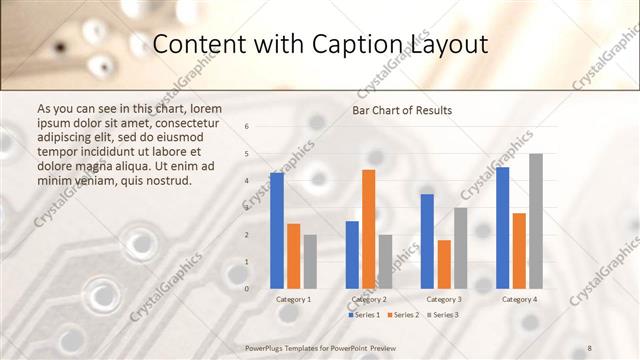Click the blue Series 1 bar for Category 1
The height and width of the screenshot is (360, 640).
coord(277,230)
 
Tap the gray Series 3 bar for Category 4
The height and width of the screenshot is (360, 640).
coord(536,221)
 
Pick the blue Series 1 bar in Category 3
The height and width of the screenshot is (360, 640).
coord(427,241)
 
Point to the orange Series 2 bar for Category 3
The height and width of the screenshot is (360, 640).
coord(444,264)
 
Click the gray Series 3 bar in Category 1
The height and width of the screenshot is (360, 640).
coord(310,261)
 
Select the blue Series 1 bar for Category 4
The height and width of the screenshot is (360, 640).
coord(502,228)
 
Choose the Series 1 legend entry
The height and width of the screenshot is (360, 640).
coord(364,315)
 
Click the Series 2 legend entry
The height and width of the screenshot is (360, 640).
coord(402,315)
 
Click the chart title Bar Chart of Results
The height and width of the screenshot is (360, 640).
coord(402,110)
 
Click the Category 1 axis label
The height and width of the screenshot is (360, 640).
coord(293,299)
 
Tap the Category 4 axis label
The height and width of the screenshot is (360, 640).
coord(519,299)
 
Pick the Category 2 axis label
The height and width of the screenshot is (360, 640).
coord(369,299)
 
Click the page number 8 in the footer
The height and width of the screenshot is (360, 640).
coord(590,347)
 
